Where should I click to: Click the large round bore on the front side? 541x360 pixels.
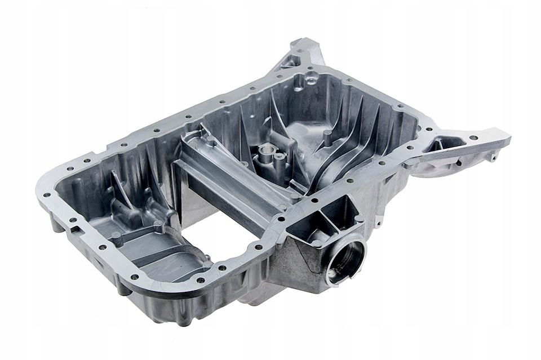coord(344,260)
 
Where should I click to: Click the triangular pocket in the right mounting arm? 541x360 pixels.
coord(446,145)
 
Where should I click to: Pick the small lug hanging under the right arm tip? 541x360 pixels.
coord(493,158)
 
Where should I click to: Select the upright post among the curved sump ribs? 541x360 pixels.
coord(327,135)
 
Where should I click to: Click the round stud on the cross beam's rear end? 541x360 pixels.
coord(211,141)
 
